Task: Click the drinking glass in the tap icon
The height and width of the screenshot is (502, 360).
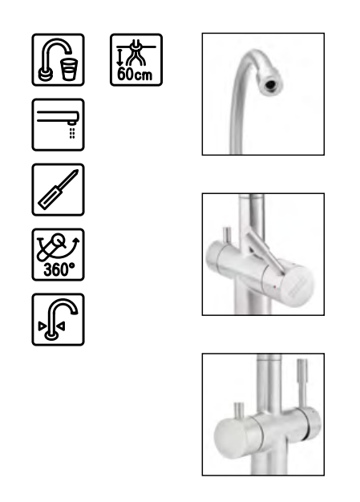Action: click(69, 69)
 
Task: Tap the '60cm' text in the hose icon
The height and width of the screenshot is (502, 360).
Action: click(135, 75)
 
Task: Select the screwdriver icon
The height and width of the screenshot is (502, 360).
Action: click(59, 189)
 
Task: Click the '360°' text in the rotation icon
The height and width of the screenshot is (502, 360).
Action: click(59, 269)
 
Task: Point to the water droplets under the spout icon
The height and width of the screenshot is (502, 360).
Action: click(72, 133)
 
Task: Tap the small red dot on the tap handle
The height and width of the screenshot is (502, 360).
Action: click(274, 287)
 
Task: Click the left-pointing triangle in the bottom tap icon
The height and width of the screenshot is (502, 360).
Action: click(61, 326)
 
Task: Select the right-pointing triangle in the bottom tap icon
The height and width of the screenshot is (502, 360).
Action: click(42, 326)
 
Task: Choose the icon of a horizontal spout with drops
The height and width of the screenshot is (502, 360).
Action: click(59, 124)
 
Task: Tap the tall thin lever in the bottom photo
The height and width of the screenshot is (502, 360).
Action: click(302, 383)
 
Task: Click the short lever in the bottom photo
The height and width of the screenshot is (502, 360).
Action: click(239, 411)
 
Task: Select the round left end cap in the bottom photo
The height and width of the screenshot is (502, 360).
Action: click(231, 439)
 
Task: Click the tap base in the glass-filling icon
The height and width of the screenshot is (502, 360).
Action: click(46, 75)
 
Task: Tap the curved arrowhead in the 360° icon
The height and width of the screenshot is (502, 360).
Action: click(76, 241)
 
